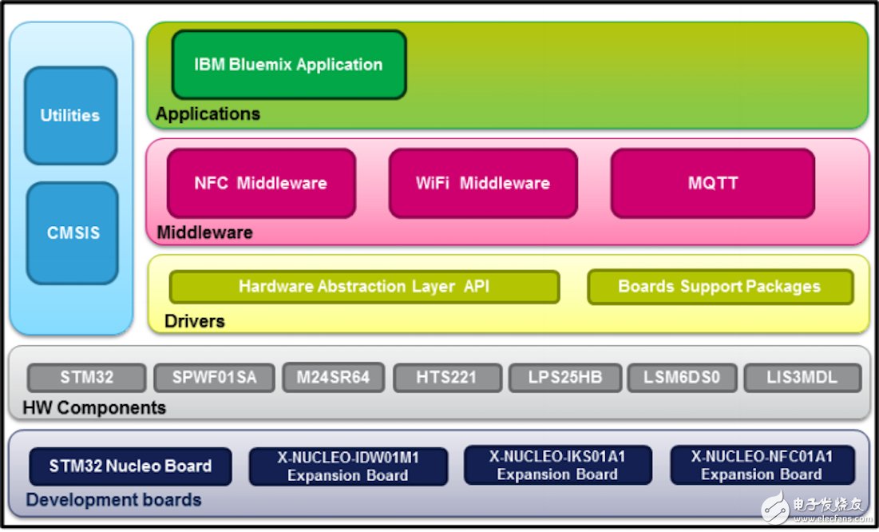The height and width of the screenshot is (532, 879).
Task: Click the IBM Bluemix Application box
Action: (x=288, y=65)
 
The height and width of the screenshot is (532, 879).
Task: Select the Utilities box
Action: (x=70, y=116)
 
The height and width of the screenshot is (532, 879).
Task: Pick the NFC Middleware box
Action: (x=260, y=183)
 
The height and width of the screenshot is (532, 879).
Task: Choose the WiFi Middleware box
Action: (x=482, y=183)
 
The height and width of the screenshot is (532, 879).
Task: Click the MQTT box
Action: (x=712, y=183)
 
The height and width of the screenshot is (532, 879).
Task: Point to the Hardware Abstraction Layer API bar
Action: (x=364, y=287)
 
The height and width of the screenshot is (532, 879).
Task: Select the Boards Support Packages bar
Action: (x=719, y=287)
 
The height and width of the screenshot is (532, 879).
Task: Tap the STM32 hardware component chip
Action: (x=87, y=378)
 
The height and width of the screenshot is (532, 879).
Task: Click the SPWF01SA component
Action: (x=214, y=378)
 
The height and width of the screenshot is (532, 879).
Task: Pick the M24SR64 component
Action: (x=333, y=378)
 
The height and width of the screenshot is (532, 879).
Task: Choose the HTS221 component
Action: (x=447, y=378)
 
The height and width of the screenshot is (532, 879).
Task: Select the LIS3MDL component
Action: (x=802, y=378)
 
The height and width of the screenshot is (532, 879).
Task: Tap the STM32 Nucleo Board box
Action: (x=130, y=466)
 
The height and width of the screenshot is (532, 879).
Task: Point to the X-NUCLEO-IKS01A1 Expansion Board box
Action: (x=557, y=466)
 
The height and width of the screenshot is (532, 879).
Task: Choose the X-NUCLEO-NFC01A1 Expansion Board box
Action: (x=762, y=466)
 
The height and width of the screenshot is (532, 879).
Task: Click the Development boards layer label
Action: (x=113, y=501)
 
